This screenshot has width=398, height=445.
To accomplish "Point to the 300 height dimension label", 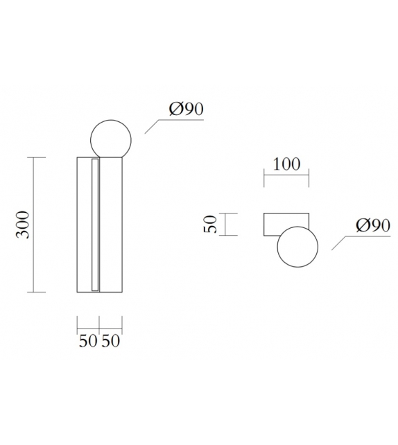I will (x=24, y=223).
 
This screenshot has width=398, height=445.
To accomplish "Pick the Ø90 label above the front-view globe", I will (x=185, y=110).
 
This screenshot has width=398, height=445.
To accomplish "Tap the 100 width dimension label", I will (x=286, y=164).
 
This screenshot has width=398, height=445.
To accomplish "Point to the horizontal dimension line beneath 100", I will (x=286, y=177).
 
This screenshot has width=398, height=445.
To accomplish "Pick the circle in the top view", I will (x=297, y=248).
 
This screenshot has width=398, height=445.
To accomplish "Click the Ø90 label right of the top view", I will (x=372, y=225).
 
